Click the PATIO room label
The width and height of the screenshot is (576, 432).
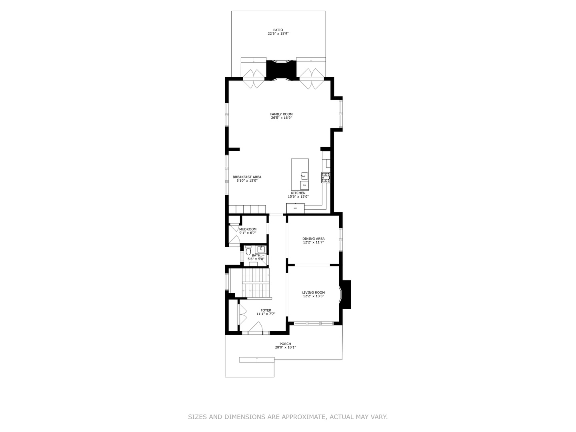[278, 30]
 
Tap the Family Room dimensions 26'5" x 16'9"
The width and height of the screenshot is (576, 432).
[281, 118]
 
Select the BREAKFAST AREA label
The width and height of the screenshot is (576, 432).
[247, 177]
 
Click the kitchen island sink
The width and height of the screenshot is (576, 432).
[304, 176]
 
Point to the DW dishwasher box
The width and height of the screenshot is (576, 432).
[304, 186]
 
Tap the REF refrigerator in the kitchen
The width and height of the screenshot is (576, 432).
[295, 208]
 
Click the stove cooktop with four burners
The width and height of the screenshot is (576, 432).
[326, 178]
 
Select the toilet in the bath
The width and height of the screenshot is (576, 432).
[248, 251]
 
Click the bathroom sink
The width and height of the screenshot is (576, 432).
[260, 249]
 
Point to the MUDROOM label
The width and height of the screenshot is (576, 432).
[248, 229]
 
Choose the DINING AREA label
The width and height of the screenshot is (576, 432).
[313, 239]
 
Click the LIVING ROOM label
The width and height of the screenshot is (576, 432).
[313, 292]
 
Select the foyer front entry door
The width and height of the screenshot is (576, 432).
[256, 328]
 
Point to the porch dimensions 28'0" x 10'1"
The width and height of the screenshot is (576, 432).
[285, 348]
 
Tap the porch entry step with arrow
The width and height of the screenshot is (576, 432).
[257, 360]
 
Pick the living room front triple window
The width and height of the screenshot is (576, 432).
[314, 324]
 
